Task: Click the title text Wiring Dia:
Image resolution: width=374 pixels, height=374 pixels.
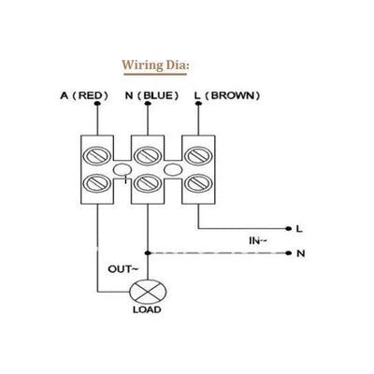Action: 157,65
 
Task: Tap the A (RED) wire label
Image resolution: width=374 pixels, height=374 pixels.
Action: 87,95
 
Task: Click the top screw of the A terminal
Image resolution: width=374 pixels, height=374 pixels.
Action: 95,151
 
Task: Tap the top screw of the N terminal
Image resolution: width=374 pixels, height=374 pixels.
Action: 147,151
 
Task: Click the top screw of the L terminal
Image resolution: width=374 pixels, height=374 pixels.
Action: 197,151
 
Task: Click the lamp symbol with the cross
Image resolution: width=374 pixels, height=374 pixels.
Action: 148,292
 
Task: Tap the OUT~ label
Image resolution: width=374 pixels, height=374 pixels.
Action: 123,268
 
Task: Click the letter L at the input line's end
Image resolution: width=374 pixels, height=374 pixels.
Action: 299,228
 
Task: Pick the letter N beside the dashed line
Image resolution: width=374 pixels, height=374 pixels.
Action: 299,252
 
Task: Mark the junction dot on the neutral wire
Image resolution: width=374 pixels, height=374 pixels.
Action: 148,252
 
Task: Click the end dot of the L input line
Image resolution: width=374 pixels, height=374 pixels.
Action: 287,228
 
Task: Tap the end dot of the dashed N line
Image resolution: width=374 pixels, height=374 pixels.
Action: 287,252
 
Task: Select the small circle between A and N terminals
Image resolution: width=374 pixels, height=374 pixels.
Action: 122,170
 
